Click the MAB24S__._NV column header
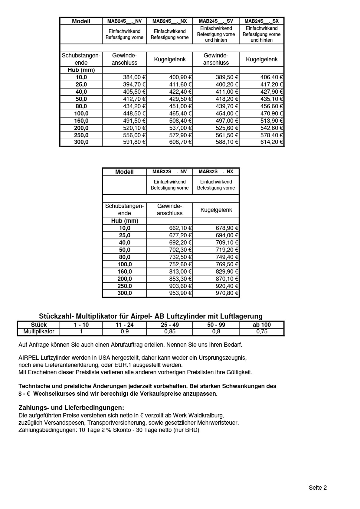pyautogui.click(x=124, y=21)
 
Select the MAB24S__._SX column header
pyautogui.click(x=261, y=21)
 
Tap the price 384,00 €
pyautogui.click(x=134, y=77)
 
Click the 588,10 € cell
pyautogui.click(x=227, y=142)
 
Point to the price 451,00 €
pyautogui.click(x=180, y=106)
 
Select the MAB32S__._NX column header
pyautogui.click(x=216, y=172)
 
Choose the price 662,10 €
pyautogui.click(x=180, y=228)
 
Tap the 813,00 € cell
pyautogui.click(x=180, y=272)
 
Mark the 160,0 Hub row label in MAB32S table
pyautogui.click(x=125, y=272)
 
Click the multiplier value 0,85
pyautogui.click(x=170, y=332)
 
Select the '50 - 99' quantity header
pyautogui.click(x=216, y=325)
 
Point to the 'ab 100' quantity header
pyautogui.click(x=262, y=325)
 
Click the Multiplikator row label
pyautogui.click(x=39, y=332)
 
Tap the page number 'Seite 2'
pyautogui.click(x=318, y=488)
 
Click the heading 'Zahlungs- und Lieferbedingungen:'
pyautogui.click(x=71, y=408)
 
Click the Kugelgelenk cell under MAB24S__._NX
pyautogui.click(x=170, y=60)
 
